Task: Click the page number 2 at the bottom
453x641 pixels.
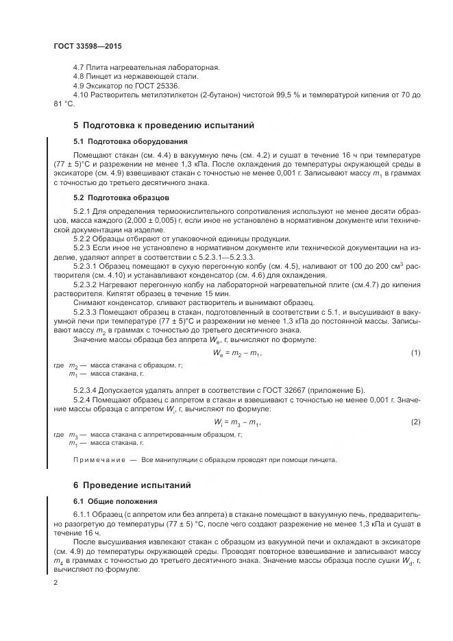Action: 56,583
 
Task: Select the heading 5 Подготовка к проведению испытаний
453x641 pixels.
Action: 164,125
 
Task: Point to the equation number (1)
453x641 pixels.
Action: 415,352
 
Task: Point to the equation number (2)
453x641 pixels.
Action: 415,421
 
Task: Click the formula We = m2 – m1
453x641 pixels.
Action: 238,352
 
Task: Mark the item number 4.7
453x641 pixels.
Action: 78,68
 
